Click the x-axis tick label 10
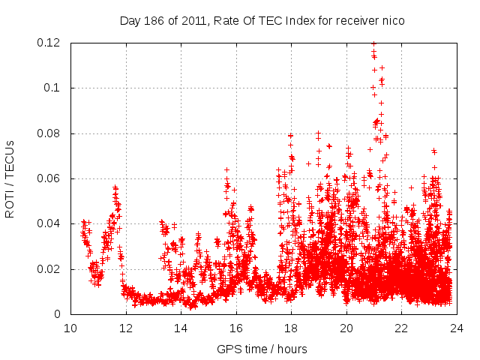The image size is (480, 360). coord(70,328)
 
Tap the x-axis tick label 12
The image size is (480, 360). coord(125,328)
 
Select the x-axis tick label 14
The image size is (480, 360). coord(181,328)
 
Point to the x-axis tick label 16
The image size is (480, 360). coord(235,328)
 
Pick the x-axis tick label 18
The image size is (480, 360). coord(291,328)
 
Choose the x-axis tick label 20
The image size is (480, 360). coord(346,328)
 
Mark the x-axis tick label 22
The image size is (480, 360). coord(401,328)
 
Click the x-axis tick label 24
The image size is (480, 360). coord(456,328)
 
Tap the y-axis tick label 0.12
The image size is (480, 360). coord(49,43)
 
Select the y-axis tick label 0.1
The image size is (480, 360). coord(54,88)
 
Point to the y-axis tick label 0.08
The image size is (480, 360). coord(49,133)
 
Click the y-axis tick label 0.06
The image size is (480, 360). coord(49,178)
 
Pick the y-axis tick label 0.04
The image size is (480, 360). coord(49,223)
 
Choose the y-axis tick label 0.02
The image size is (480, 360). coord(49,269)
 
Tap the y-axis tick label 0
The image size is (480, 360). coord(58,314)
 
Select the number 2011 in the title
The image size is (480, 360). coord(181,21)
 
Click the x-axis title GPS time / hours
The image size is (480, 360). coord(262,349)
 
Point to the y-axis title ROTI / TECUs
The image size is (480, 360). coord(10,178)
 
